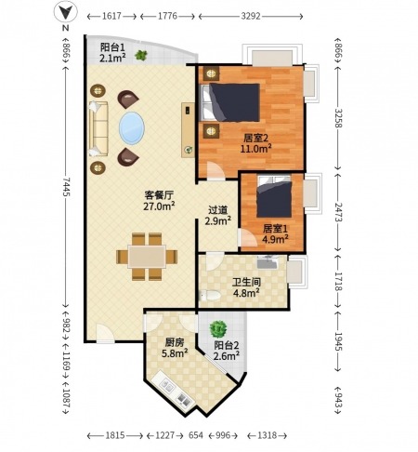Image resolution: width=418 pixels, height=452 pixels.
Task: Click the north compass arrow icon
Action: point(65,12)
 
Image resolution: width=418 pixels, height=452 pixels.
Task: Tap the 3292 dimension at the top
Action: point(251,16)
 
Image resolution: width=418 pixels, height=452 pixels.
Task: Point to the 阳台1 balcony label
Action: point(112,47)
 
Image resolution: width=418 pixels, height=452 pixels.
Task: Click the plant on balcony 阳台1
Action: point(141,56)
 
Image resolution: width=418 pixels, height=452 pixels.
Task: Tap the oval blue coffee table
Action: point(132,127)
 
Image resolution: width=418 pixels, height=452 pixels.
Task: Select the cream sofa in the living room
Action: point(98,128)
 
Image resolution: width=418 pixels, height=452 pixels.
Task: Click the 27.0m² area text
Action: point(159,206)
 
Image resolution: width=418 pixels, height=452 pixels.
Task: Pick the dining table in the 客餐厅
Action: point(147,257)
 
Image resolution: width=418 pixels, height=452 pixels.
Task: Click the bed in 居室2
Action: point(229,102)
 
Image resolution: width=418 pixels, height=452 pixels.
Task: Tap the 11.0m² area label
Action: point(256,149)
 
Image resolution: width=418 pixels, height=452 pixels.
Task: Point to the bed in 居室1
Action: point(274,196)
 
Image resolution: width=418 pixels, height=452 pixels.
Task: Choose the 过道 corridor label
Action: point(217,210)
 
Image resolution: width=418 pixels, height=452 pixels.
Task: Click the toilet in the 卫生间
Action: point(210,296)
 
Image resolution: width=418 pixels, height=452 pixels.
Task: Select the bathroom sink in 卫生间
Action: point(268,262)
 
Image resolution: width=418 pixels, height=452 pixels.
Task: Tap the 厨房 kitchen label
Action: point(175,342)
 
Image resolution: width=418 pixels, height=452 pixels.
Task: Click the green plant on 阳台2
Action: point(218,329)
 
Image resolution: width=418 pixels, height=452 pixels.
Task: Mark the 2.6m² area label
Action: point(227,356)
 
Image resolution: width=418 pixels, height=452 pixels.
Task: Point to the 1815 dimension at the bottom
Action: point(115,435)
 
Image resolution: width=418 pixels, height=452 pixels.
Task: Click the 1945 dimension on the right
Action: point(338,341)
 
